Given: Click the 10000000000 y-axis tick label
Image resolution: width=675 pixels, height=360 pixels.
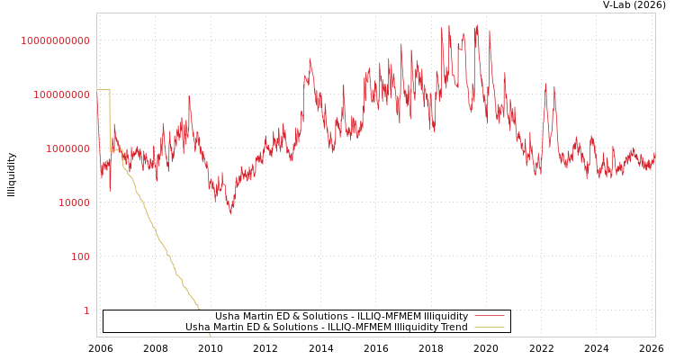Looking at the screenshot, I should click(x=56, y=40).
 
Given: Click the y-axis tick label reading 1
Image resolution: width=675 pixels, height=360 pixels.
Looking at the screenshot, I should click(x=86, y=310).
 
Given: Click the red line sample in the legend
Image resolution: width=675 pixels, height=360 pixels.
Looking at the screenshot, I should click(x=489, y=316).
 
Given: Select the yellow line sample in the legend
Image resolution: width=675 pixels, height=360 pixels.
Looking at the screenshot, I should click(x=489, y=327).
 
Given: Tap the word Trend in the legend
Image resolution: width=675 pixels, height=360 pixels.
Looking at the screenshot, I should click(x=453, y=327).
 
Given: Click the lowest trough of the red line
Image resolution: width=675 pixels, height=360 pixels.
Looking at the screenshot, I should click(x=230, y=213).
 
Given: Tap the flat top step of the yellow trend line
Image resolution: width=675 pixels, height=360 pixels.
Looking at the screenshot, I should click(x=103, y=90).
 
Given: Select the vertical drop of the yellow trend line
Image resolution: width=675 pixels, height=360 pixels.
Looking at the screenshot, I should click(x=110, y=120).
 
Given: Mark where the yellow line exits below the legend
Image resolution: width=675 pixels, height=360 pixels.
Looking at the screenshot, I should click(x=210, y=334).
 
